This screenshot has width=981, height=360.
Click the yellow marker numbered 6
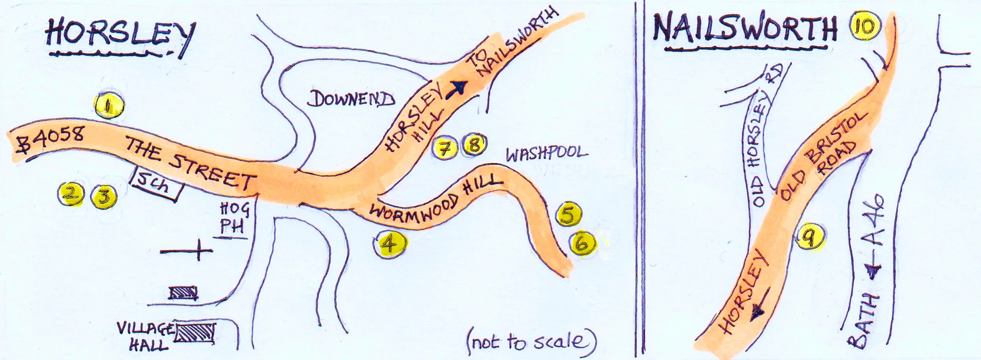583,244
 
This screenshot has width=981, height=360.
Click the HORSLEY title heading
120,37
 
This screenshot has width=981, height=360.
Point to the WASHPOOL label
548,154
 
